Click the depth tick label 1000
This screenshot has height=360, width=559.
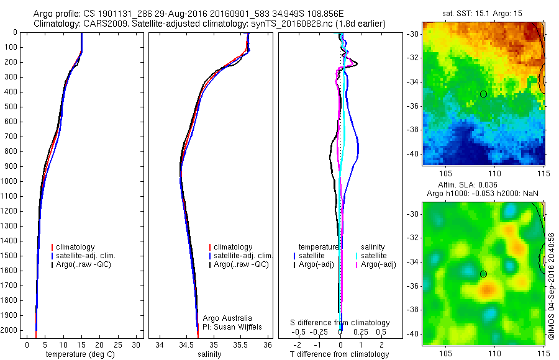click(x=11, y=181)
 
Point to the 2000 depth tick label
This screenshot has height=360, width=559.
click(x=11, y=330)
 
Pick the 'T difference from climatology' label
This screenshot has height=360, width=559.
click(x=339, y=354)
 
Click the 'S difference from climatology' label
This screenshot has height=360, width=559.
click(x=340, y=323)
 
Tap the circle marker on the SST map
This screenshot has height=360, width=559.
click(x=483, y=94)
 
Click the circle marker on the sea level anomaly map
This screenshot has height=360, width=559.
click(x=483, y=274)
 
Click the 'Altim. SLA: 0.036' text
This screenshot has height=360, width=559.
click(x=483, y=186)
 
